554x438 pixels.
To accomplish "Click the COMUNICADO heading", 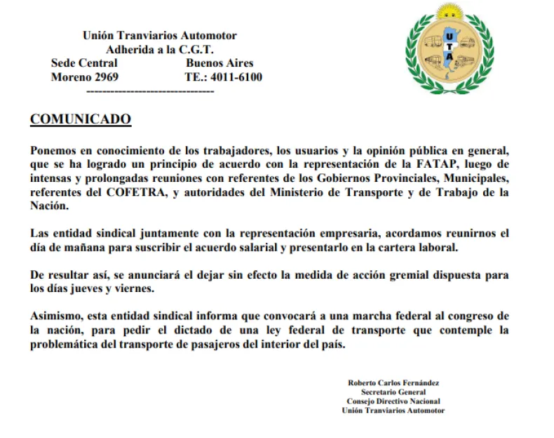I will pos(80,120).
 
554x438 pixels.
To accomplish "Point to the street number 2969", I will pos(104,77).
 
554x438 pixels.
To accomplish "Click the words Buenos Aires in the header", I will pos(219,63).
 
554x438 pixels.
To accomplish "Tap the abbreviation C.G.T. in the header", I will pos(194,49).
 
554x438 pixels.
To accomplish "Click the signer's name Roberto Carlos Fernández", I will pos(393,383).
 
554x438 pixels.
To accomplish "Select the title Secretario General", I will pos(393,392).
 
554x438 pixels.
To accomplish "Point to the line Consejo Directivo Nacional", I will pos(393,401).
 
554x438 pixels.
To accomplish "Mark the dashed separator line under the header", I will pos(149,91).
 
